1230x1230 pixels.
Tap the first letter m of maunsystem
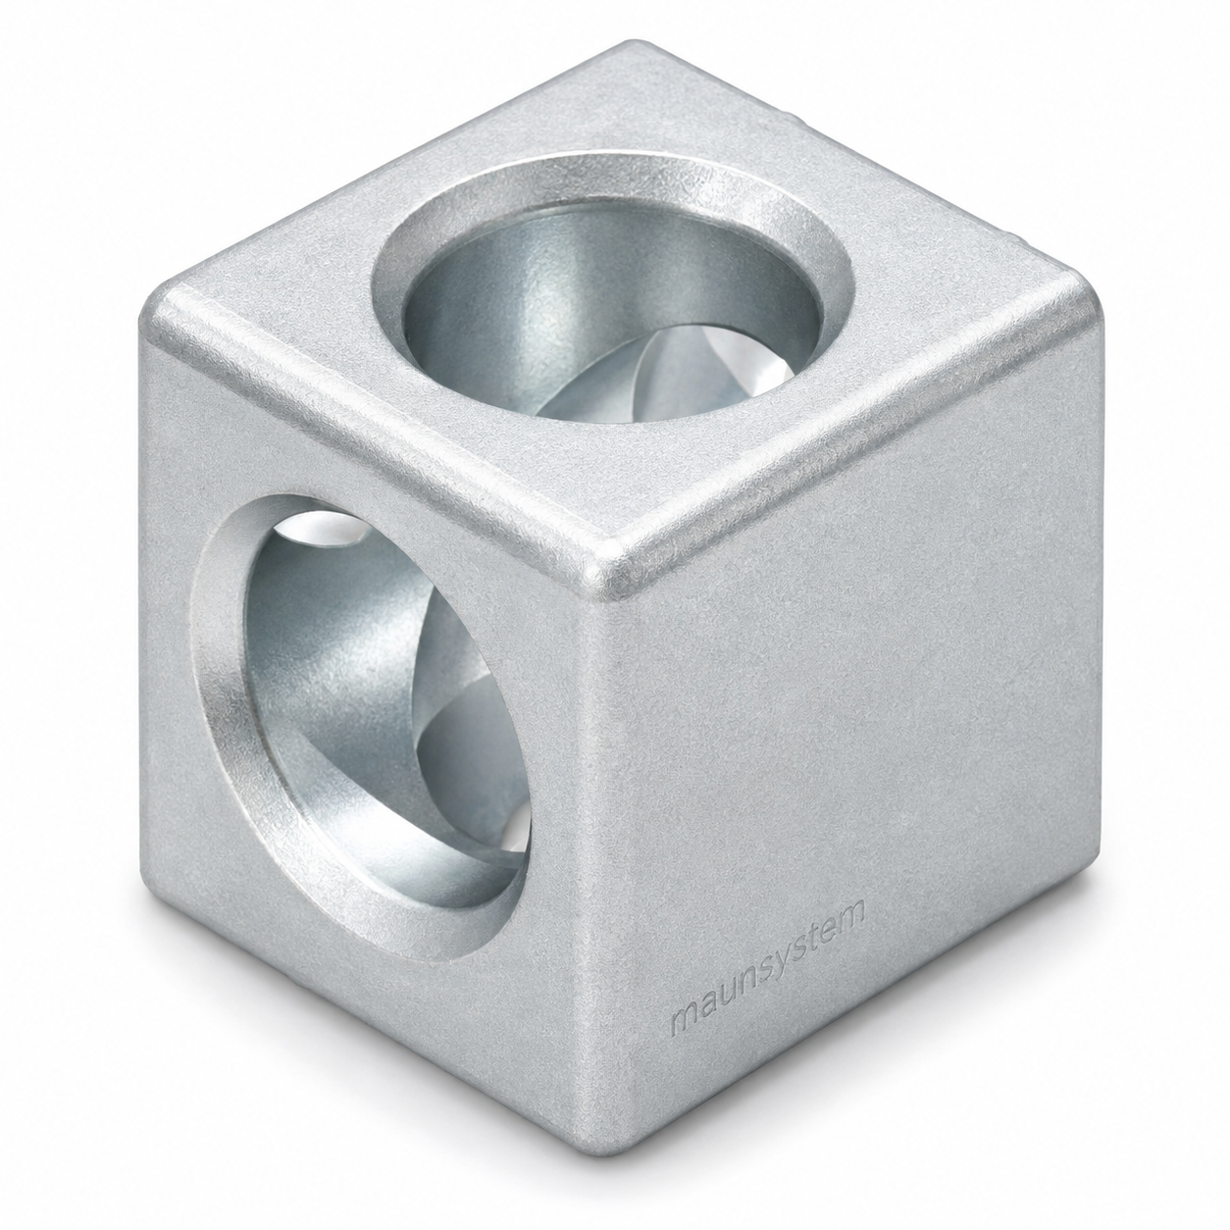(x=684, y=1002)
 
